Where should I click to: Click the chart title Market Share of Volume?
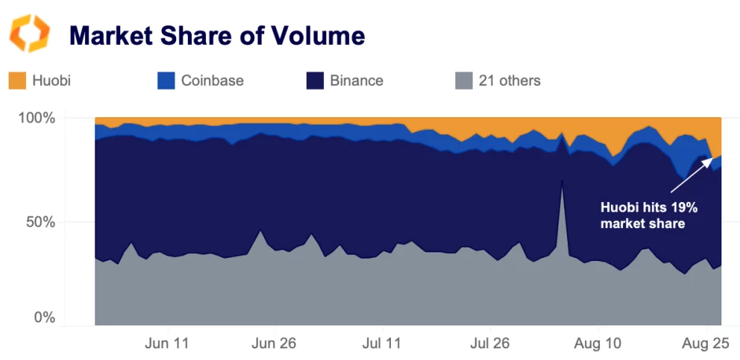pyautogui.click(x=217, y=35)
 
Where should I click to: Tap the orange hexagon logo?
pyautogui.click(x=29, y=33)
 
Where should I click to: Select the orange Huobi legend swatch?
pyautogui.click(x=17, y=80)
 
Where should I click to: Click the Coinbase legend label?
pyautogui.click(x=212, y=80)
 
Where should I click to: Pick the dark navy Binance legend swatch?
pyautogui.click(x=315, y=80)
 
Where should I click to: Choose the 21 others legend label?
pyautogui.click(x=510, y=80)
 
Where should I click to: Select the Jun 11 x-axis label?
pyautogui.click(x=168, y=343)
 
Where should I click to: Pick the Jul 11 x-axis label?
pyautogui.click(x=382, y=343)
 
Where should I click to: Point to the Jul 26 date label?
pyautogui.click(x=489, y=343)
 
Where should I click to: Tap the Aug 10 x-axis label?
pyautogui.click(x=597, y=343)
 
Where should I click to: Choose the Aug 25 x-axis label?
pyautogui.click(x=705, y=343)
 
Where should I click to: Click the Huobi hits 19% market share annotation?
pyautogui.click(x=649, y=215)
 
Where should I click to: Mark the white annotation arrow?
pyautogui.click(x=693, y=174)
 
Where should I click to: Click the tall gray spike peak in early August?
pyautogui.click(x=561, y=182)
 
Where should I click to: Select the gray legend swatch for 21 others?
pyautogui.click(x=464, y=80)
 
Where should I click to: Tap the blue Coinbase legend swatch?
pyautogui.click(x=166, y=80)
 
